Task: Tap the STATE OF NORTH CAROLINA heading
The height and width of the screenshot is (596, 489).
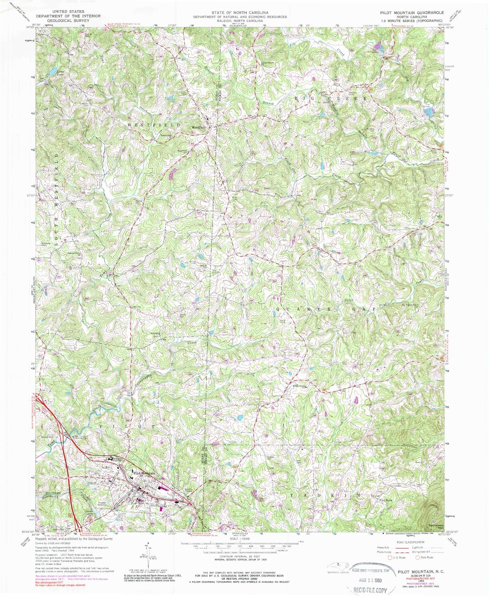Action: point(240,12)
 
